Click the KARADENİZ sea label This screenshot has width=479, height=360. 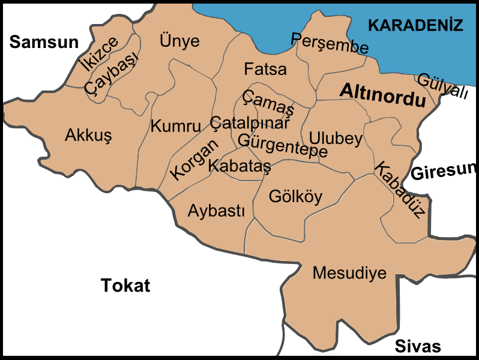(x=415, y=25)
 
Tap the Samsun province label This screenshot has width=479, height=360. (x=44, y=41)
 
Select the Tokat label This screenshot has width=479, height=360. (x=125, y=285)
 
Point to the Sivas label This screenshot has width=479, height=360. (x=418, y=346)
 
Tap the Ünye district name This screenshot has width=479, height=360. (x=179, y=41)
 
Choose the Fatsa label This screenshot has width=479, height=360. (x=265, y=69)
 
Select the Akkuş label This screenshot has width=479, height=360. (x=88, y=136)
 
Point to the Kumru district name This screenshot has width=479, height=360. (x=175, y=126)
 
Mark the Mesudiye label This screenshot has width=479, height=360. (x=349, y=273)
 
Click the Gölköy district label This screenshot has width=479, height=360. (x=295, y=196)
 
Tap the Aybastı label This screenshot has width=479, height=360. (x=216, y=211)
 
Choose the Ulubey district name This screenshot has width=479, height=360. (x=336, y=139)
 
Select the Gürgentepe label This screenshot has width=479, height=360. (x=283, y=145)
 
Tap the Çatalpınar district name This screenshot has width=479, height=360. (x=250, y=121)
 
